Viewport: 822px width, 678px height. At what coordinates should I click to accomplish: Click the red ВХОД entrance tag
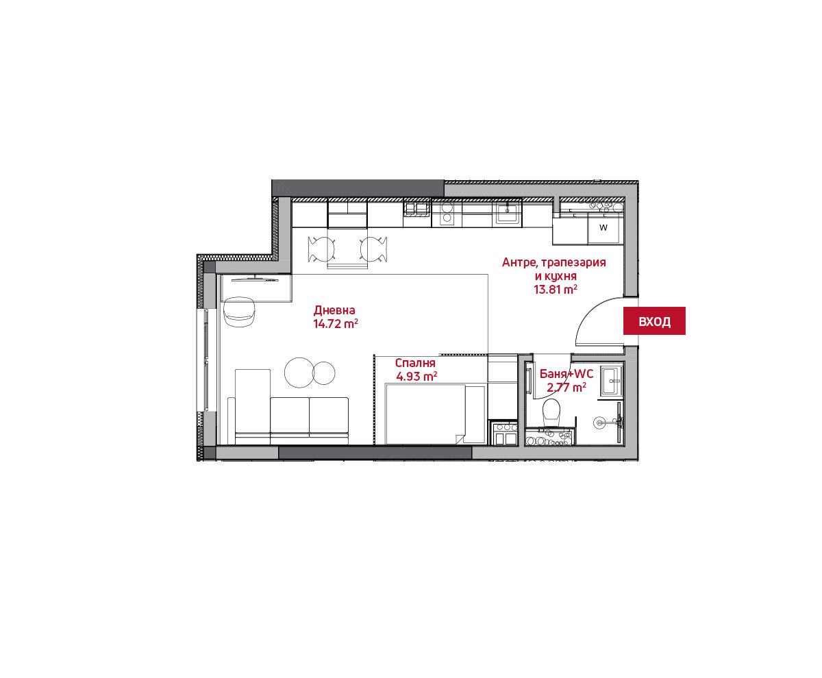654,321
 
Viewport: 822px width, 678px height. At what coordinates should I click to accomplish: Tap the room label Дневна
334,310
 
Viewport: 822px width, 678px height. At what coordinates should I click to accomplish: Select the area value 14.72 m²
336,324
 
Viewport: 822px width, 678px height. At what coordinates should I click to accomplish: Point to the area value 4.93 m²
416,377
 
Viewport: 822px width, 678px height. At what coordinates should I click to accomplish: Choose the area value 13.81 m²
555,290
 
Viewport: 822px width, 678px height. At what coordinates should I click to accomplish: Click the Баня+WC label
566,374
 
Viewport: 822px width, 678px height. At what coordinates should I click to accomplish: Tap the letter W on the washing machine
603,227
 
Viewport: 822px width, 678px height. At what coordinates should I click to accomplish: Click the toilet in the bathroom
551,412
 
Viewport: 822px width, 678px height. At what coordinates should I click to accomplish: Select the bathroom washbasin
611,381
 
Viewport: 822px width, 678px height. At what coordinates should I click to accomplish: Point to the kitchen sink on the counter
507,213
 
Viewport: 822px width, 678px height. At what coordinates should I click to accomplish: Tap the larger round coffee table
299,373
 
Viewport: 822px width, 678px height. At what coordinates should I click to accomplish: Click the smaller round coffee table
324,373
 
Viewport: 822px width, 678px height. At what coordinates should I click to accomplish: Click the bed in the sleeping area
435,414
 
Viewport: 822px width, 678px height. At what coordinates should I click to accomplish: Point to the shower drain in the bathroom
599,423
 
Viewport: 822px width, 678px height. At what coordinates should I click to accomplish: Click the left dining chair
322,249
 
